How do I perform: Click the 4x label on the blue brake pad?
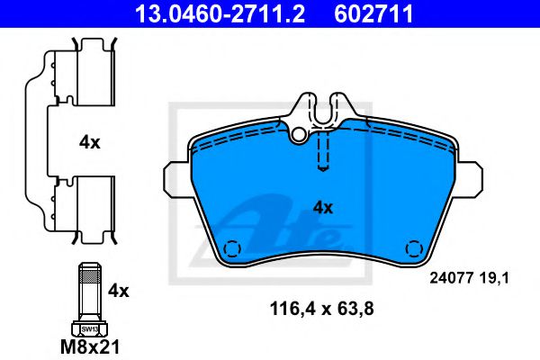point(321,207)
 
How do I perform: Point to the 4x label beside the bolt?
point(118,291)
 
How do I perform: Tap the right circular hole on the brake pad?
point(414,248)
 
